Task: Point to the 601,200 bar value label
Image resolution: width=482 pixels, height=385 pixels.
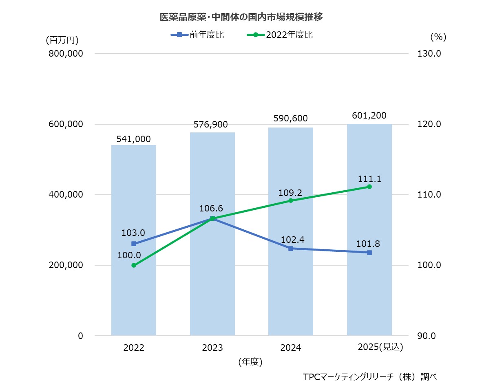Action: (x=369, y=115)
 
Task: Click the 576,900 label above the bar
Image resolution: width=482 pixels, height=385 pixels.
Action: (x=212, y=124)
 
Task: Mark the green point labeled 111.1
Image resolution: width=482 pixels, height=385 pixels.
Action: (x=369, y=187)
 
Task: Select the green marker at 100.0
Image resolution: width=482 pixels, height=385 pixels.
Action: (x=134, y=265)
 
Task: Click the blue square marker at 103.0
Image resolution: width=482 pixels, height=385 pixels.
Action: (x=134, y=244)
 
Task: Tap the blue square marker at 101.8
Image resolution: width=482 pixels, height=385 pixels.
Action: (x=369, y=253)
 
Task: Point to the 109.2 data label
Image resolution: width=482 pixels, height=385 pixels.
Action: (x=290, y=192)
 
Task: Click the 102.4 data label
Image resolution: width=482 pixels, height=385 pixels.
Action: (x=290, y=239)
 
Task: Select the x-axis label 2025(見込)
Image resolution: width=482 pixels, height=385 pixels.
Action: (x=380, y=347)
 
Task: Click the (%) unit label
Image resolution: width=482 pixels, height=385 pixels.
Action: (x=438, y=37)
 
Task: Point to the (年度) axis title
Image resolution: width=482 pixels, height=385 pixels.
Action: (x=250, y=361)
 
